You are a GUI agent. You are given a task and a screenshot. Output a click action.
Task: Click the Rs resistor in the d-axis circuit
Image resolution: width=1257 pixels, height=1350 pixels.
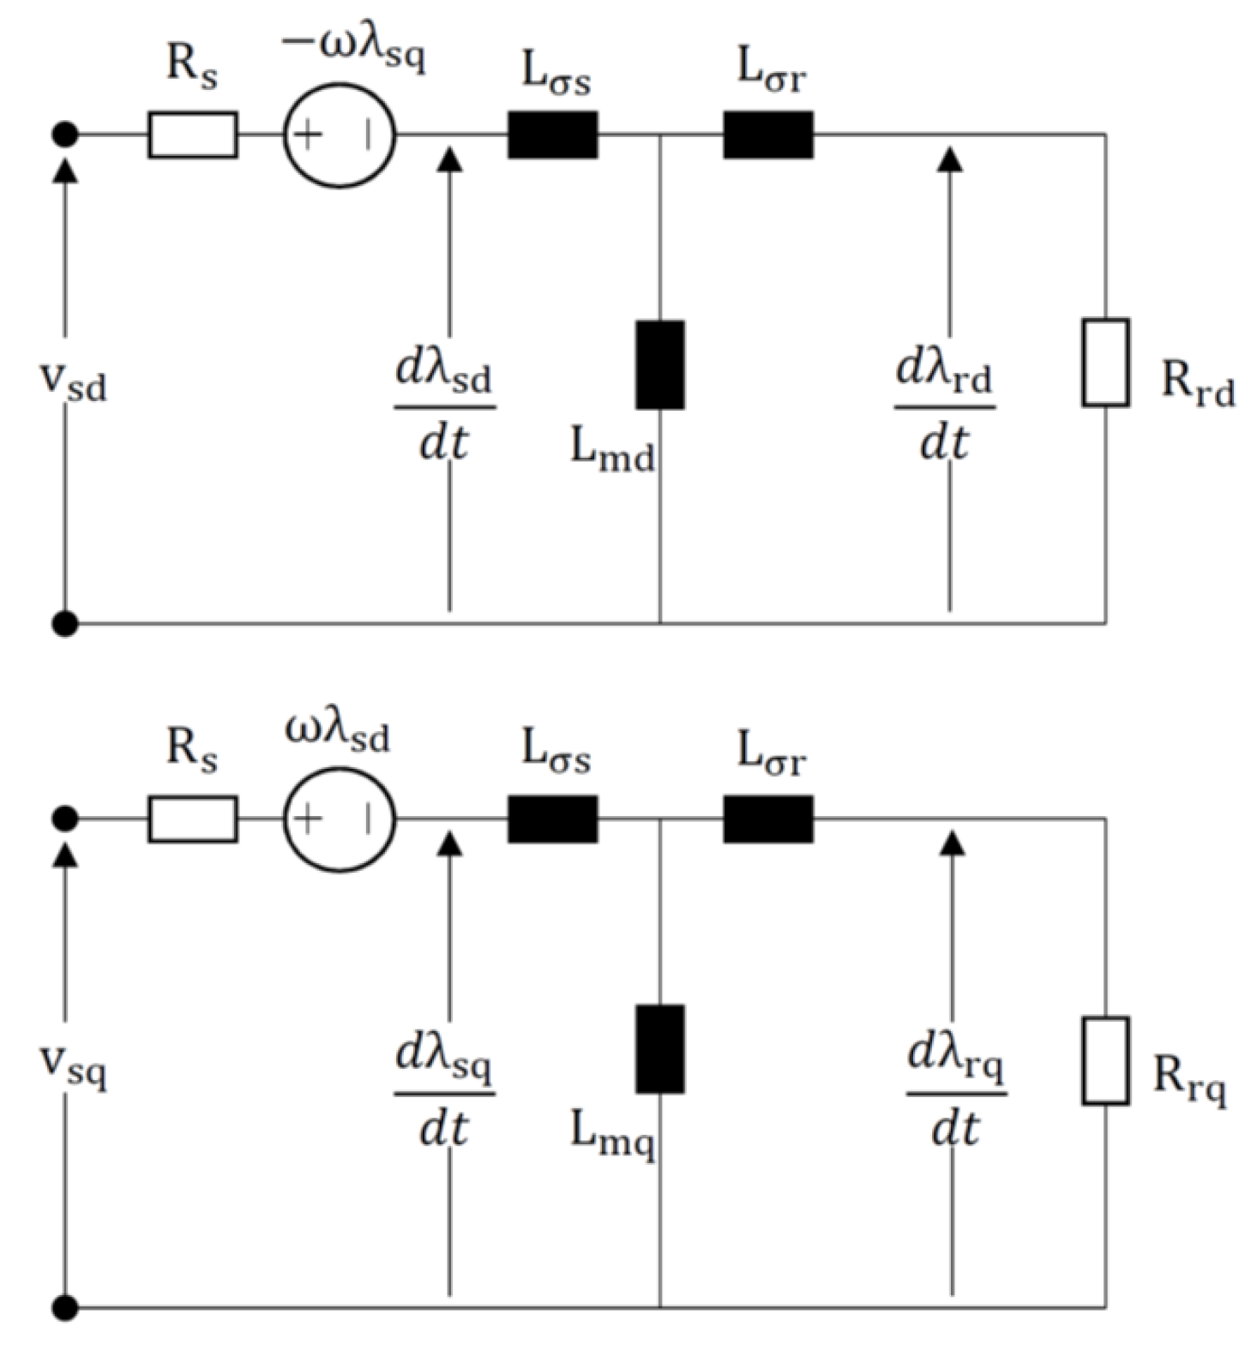[x=193, y=135]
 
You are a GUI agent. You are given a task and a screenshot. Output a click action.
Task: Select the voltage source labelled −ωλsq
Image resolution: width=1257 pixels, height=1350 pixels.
[x=340, y=135]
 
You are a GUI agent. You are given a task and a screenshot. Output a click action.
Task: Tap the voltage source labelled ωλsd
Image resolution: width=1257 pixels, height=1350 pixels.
[x=340, y=819]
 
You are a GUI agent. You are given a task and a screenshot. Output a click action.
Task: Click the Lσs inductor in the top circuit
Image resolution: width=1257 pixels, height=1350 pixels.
[x=553, y=135]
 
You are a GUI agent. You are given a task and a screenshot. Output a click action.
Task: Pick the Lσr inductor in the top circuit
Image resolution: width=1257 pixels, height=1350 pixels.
[x=768, y=135]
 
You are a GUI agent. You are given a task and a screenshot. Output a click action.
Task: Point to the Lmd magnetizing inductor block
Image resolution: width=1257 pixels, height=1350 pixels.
[x=660, y=364]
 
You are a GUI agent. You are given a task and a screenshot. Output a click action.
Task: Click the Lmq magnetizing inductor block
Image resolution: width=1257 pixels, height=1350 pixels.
[x=660, y=1048]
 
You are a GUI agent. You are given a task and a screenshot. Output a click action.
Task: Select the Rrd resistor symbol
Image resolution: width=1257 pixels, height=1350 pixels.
[x=1105, y=362]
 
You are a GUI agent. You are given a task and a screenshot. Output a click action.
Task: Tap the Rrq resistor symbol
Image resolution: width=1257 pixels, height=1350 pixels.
[x=1105, y=1060]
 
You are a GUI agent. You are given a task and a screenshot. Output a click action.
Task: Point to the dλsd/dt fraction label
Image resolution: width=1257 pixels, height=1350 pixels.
[x=444, y=406]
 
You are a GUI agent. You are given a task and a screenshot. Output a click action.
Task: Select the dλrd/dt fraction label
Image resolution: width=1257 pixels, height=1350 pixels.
[x=944, y=406]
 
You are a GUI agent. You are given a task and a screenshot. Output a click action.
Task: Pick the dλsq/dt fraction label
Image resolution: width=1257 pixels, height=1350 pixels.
[x=444, y=1092]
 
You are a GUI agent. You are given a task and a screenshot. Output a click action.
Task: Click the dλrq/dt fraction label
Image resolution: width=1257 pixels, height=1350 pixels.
[x=955, y=1092]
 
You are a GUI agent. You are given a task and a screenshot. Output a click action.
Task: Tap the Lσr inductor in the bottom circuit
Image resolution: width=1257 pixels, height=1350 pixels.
[x=768, y=819]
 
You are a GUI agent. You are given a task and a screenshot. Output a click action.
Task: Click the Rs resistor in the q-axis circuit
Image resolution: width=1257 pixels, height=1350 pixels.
[x=193, y=819]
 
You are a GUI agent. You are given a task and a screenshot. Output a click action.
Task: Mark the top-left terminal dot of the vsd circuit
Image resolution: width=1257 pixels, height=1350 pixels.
[x=65, y=135]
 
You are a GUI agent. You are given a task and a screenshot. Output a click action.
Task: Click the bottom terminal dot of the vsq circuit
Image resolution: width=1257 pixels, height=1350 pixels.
[x=65, y=1307]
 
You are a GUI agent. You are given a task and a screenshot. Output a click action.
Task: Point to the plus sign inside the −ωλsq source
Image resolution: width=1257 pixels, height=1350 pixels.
[x=308, y=135]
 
